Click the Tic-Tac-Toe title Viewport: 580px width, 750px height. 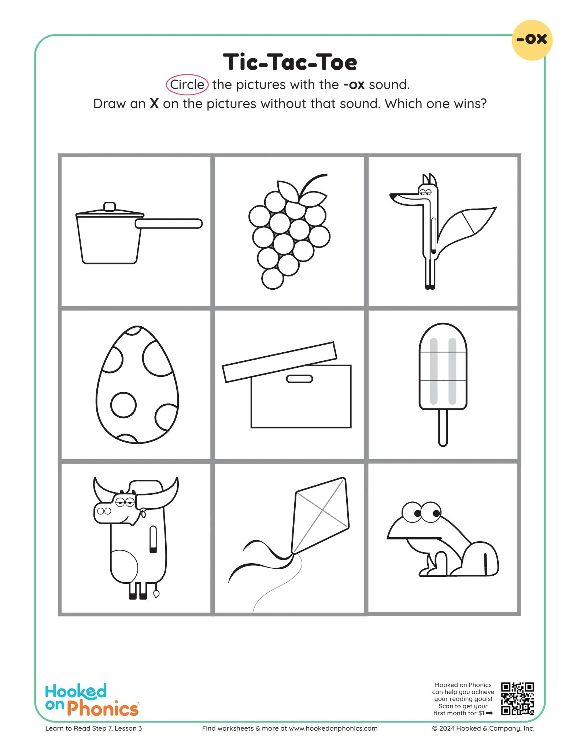(x=290, y=62)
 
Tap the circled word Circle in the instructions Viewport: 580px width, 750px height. (x=187, y=85)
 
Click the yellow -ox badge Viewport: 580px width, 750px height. (x=532, y=40)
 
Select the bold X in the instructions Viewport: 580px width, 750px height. (x=154, y=104)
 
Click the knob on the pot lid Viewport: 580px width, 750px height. (x=110, y=207)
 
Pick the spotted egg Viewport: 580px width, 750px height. (x=137, y=385)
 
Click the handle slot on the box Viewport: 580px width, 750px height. (x=299, y=379)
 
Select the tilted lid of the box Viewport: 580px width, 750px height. (x=279, y=362)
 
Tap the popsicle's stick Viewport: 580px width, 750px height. (x=443, y=427)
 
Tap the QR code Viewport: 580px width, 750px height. (x=517, y=698)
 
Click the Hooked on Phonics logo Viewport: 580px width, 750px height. (x=92, y=700)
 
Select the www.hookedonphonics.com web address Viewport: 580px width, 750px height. (x=333, y=728)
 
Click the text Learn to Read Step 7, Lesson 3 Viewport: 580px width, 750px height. (x=93, y=728)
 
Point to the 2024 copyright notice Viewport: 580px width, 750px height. (x=483, y=728)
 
